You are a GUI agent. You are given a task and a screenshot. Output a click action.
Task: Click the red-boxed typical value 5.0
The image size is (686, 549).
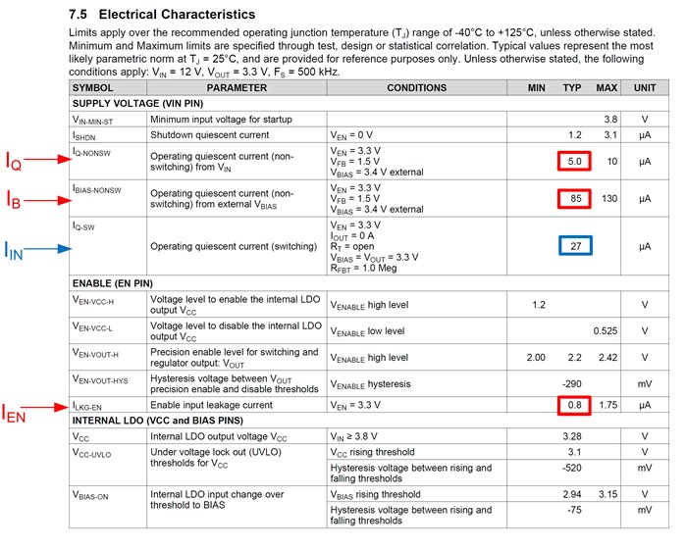pos(574,161)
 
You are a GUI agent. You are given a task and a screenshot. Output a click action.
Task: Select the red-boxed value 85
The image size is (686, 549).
pos(574,199)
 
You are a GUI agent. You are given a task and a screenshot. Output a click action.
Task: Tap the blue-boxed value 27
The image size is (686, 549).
pos(574,247)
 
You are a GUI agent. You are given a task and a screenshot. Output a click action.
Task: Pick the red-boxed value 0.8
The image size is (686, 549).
pos(574,405)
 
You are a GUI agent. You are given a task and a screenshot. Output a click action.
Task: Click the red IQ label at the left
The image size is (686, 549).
pos(21,163)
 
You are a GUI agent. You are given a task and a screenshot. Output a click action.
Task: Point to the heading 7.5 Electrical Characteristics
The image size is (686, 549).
pos(162,16)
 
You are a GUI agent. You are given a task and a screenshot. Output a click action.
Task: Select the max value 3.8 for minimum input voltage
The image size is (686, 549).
pos(610,119)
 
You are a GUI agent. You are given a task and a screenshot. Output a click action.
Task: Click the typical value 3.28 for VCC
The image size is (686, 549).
pos(574,436)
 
